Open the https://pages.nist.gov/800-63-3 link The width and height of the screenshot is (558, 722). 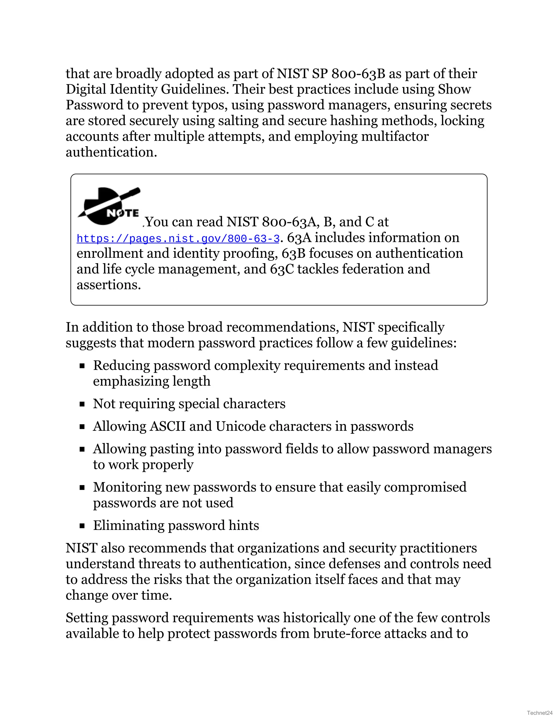click(178, 239)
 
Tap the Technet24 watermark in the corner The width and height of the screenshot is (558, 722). click(540, 713)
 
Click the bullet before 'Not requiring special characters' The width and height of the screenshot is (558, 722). click(82, 404)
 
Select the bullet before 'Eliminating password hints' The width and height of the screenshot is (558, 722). click(82, 526)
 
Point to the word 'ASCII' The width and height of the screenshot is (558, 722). click(168, 426)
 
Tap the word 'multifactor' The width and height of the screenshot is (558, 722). click(395, 136)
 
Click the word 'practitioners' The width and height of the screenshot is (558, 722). click(438, 548)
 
